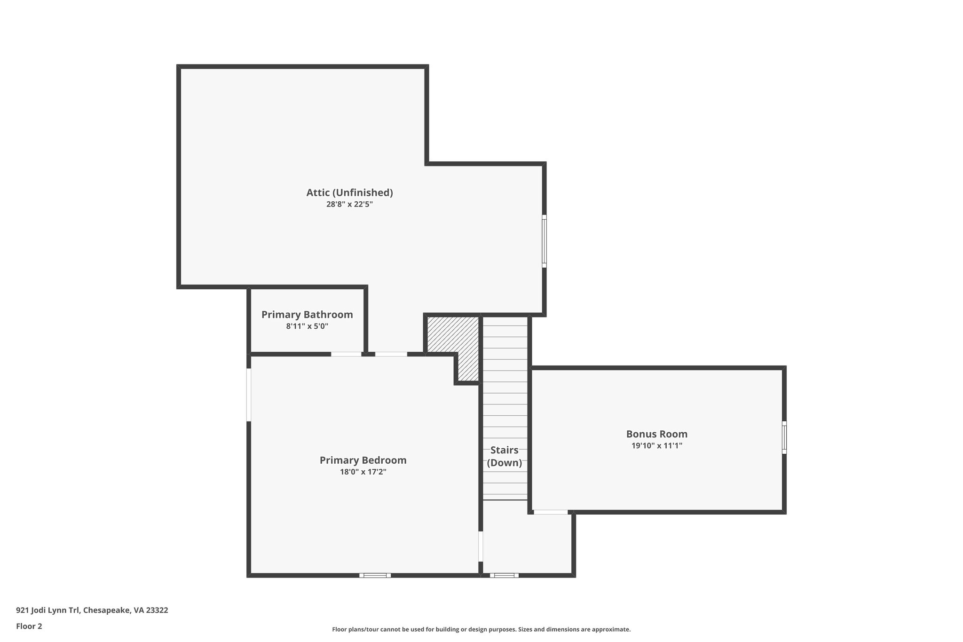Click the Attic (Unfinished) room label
(349, 192)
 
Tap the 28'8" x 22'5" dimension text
(349, 204)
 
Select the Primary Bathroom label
(307, 314)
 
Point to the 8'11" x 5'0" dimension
(307, 326)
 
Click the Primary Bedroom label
(363, 460)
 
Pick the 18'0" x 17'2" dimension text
(363, 472)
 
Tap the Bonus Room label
(656, 434)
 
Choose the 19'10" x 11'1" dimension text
(656, 445)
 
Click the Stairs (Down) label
(504, 456)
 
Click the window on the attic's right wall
(544, 241)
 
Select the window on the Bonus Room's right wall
(784, 437)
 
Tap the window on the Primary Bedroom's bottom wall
(375, 575)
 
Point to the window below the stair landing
(504, 575)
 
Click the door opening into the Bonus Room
(551, 512)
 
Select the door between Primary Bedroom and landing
(481, 546)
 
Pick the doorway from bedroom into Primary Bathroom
(346, 354)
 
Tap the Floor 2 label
(29, 626)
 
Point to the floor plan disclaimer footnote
(481, 629)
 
